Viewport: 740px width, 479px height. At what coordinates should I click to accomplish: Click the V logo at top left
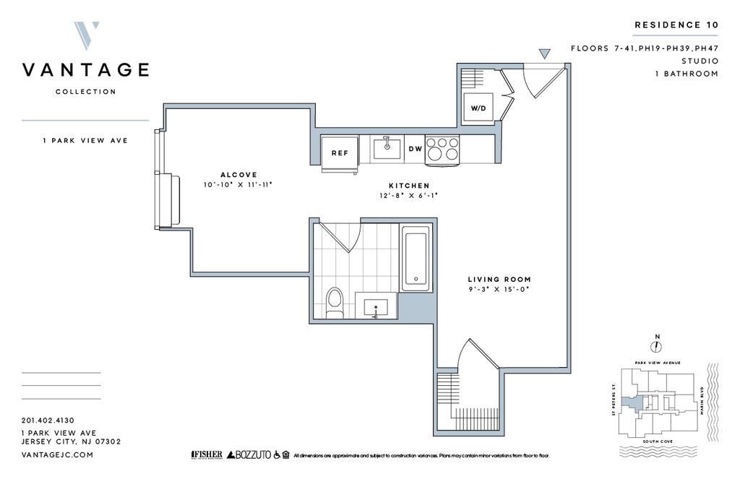pos(87,35)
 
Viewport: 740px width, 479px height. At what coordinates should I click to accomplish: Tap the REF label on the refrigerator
pos(340,152)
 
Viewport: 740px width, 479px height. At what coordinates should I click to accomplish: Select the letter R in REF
pos(334,152)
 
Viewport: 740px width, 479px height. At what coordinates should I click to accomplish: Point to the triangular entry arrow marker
pos(544,53)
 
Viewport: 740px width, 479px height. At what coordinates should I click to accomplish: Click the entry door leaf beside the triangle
pos(548,83)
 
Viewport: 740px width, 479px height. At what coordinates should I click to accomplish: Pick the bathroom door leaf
pos(333,237)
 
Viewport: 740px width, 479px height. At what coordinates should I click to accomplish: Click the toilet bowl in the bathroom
pos(334,299)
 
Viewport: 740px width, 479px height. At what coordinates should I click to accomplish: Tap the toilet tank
pos(334,314)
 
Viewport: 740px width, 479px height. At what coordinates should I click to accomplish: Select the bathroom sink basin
pos(376,307)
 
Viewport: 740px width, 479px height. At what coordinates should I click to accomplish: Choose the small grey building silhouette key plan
pos(633,402)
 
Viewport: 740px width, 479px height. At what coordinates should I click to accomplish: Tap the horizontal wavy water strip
pos(658,451)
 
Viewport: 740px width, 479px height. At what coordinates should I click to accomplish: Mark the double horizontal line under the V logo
pos(85,121)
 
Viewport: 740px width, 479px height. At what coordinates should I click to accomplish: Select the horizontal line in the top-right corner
pos(675,35)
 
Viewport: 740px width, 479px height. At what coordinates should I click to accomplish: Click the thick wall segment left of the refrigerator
pos(316,148)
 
